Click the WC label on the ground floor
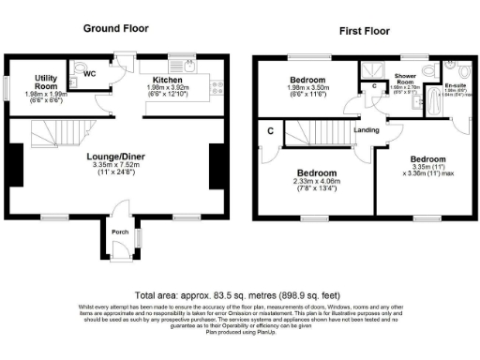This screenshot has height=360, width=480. (x=90, y=72)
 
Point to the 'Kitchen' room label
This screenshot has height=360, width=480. (x=167, y=81)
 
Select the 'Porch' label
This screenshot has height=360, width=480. (x=120, y=232)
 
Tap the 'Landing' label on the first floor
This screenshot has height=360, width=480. (x=366, y=130)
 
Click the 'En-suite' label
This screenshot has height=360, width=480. (x=457, y=86)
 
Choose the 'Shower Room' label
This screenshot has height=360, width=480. (x=405, y=79)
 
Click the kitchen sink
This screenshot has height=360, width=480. (x=188, y=68)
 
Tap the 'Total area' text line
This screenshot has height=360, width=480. (x=236, y=293)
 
